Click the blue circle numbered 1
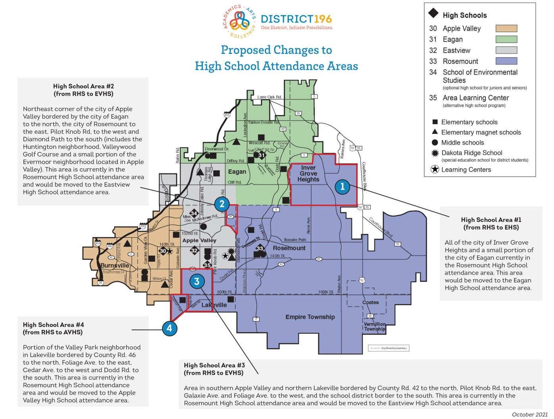point(342,186)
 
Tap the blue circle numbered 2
point(222,204)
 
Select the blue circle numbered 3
point(196,281)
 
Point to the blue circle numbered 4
point(169,328)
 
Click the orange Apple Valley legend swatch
point(506,29)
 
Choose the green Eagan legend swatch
point(506,39)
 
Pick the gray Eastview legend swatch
point(506,50)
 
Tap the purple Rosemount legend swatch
point(506,61)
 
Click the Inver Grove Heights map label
point(308,173)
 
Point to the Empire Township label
point(310,317)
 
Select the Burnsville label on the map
point(115,265)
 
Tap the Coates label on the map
point(370,302)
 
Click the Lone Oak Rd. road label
point(269,97)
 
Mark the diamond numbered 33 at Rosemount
point(260,248)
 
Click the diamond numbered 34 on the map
point(194,213)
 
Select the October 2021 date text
point(529,414)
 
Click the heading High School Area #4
point(53,325)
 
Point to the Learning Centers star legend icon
point(435,169)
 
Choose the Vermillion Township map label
point(375,326)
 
